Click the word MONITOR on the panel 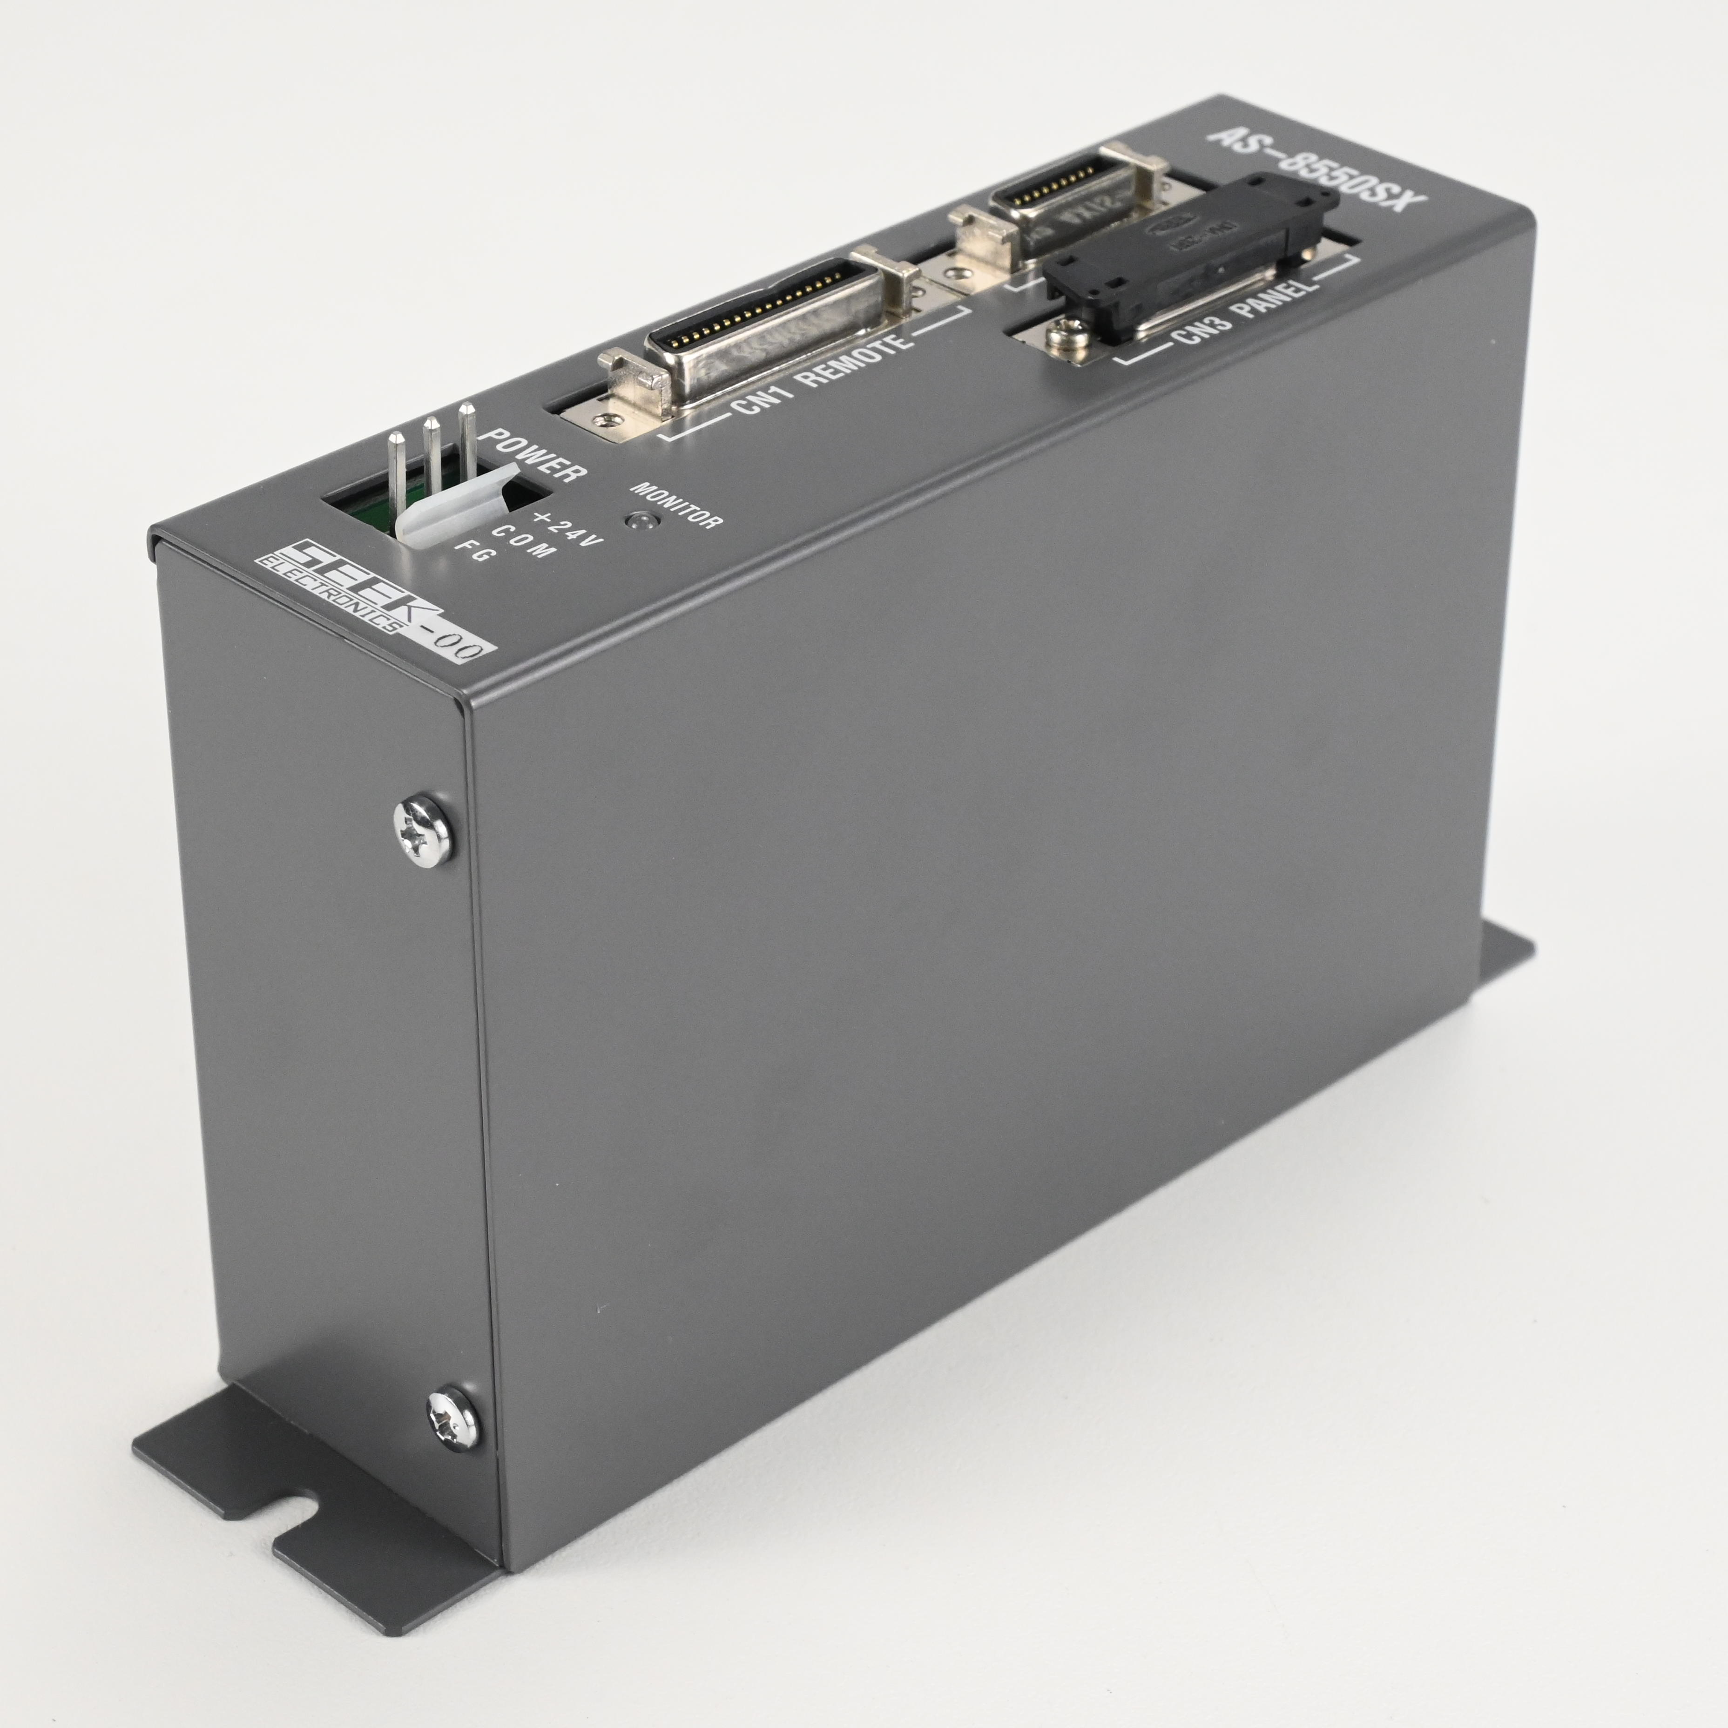click(x=676, y=506)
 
